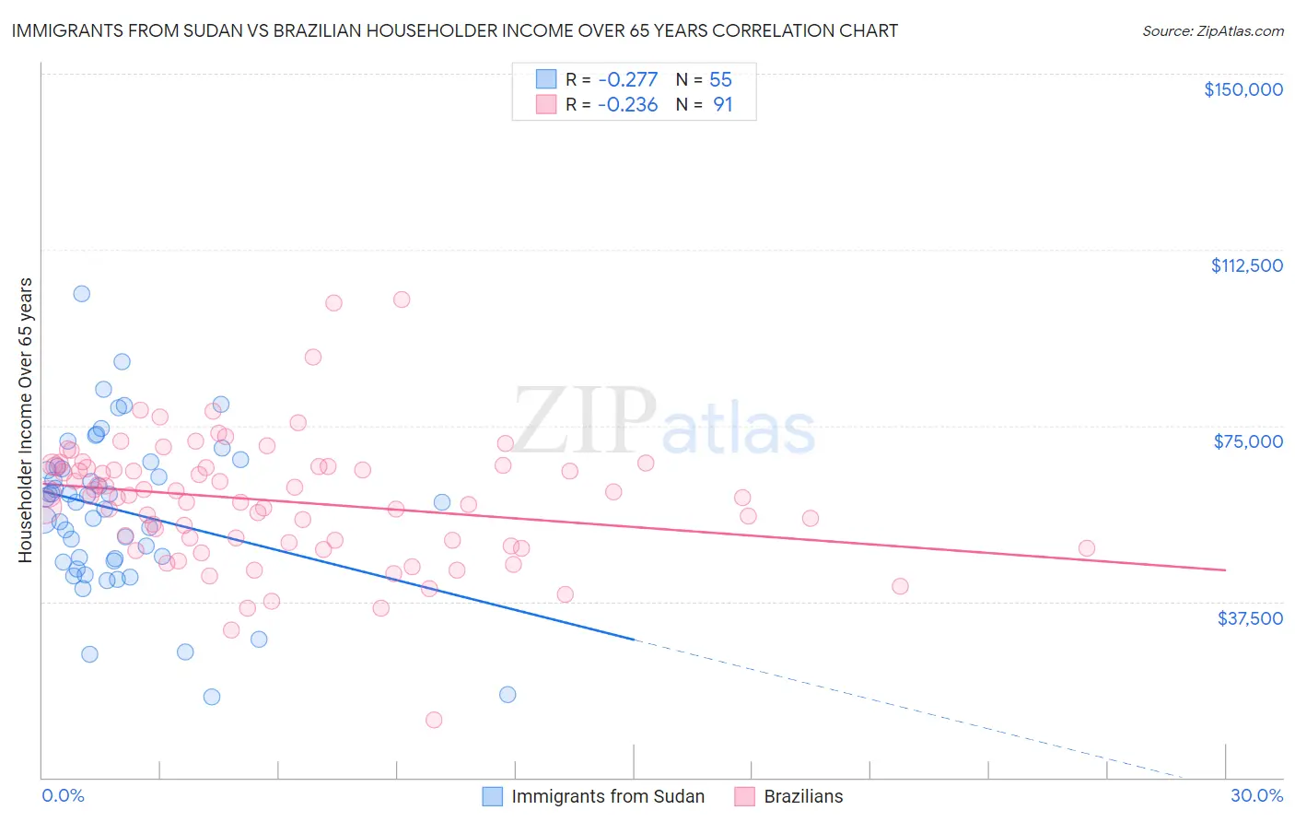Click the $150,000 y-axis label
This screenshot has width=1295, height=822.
coord(1242,89)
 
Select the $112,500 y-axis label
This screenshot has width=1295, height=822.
coord(1246,265)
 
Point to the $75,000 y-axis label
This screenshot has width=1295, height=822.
coord(1248,441)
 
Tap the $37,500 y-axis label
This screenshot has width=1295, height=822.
coord(1250,618)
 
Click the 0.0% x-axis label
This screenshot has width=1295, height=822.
coord(63,795)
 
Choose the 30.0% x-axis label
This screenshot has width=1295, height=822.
coord(1256,795)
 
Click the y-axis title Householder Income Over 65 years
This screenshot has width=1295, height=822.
coord(25,419)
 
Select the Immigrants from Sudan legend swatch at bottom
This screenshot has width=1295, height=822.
coord(493,796)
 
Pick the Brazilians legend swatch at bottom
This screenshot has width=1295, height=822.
coord(745,796)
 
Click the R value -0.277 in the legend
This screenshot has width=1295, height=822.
coord(627,80)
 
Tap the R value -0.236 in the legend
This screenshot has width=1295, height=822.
coord(627,105)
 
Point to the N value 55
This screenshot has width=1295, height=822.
coord(720,80)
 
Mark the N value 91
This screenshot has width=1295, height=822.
coord(723,105)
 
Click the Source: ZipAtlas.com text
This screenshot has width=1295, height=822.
coord(1212,30)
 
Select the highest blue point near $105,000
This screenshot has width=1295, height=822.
coord(82,294)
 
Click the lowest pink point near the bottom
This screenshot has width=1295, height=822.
coord(434,720)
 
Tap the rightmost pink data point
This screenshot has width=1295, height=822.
coord(1087,548)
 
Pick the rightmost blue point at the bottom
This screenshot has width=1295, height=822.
coord(507,695)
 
